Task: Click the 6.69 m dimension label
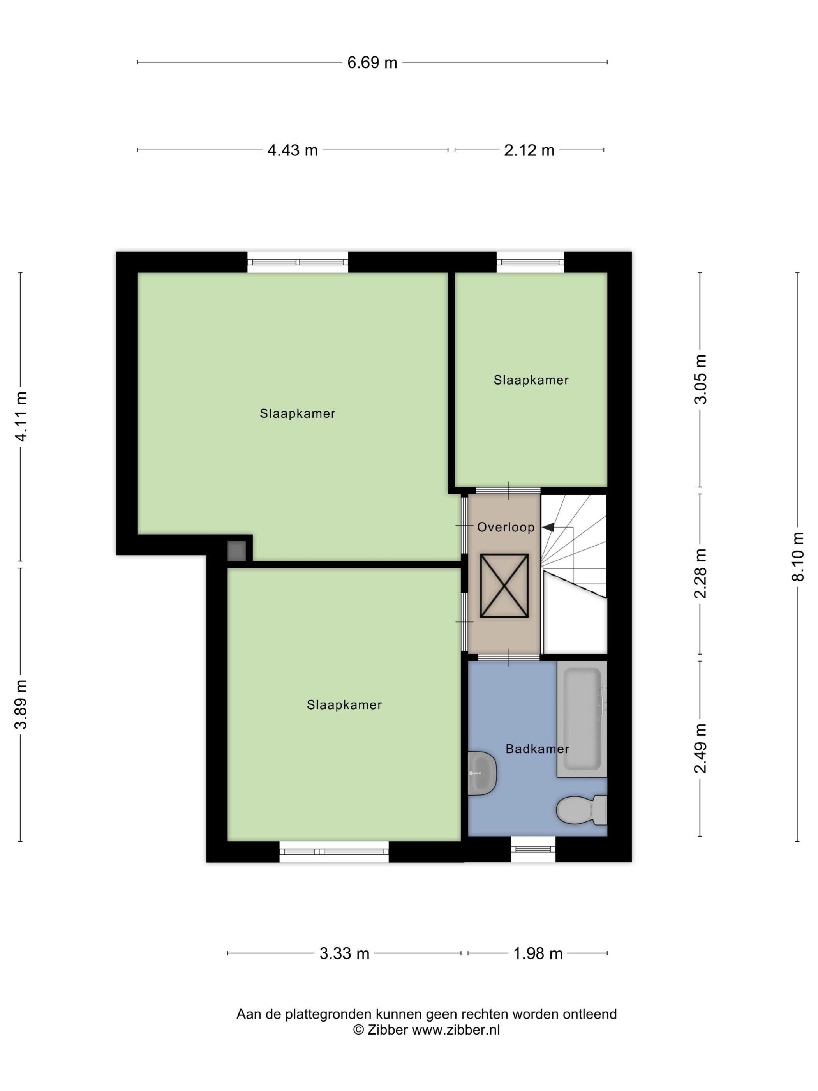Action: pos(372,63)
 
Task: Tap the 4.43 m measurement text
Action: pos(293,150)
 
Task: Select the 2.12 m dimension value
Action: pos(529,150)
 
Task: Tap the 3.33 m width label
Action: pos(344,953)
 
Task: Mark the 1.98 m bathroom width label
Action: pos(538,953)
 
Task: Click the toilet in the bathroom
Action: pos(581,810)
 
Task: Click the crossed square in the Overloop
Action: pos(504,586)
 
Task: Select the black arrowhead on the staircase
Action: pos(548,527)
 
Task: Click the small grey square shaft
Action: pos(237,551)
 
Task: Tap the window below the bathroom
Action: pos(533,849)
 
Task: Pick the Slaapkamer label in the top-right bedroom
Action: pos(531,380)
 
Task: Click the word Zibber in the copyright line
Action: pos(388,1029)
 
